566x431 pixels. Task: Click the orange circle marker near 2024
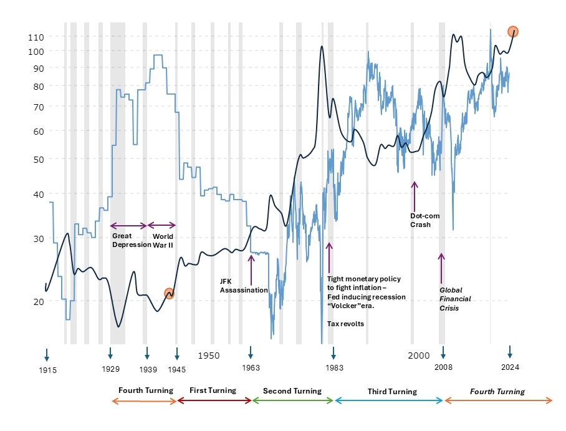pyautogui.click(x=512, y=31)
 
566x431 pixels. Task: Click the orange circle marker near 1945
pyautogui.click(x=169, y=293)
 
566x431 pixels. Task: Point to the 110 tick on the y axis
pyautogui.click(x=35, y=37)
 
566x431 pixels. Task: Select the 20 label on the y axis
pyautogui.click(x=35, y=301)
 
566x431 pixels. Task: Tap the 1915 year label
pyautogui.click(x=47, y=370)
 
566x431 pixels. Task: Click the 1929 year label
pyautogui.click(x=110, y=369)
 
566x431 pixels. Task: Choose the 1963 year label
pyautogui.click(x=251, y=368)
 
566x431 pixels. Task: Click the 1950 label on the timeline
pyautogui.click(x=209, y=355)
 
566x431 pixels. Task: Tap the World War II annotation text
pyautogui.click(x=163, y=241)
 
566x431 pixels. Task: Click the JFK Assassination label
pyautogui.click(x=244, y=286)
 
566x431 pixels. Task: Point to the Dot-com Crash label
pyautogui.click(x=424, y=220)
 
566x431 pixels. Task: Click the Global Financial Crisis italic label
pyautogui.click(x=455, y=299)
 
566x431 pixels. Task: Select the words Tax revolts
pyautogui.click(x=345, y=324)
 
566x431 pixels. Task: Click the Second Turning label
pyautogui.click(x=292, y=391)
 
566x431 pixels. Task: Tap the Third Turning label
pyautogui.click(x=392, y=392)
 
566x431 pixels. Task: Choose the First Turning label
pyautogui.click(x=213, y=390)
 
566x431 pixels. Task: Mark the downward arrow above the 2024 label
pyautogui.click(x=510, y=352)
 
